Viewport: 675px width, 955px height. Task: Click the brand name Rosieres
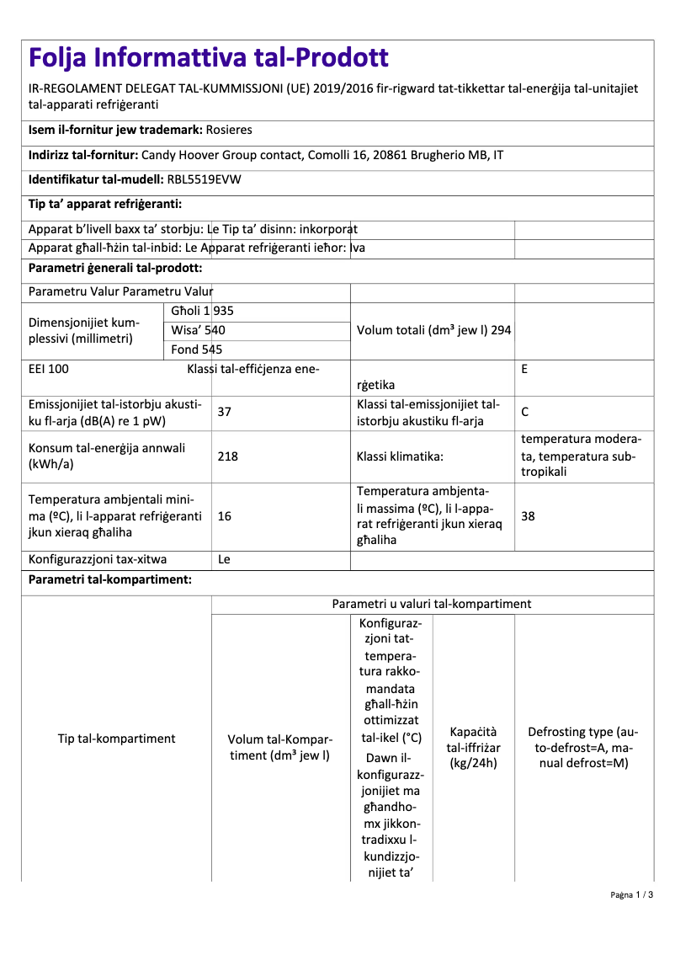click(x=229, y=130)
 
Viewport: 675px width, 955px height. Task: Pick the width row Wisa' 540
click(x=198, y=330)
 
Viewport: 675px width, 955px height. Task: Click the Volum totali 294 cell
click(x=433, y=330)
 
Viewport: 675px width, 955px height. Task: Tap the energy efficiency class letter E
click(x=525, y=369)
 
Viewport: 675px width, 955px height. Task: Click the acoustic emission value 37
click(x=224, y=412)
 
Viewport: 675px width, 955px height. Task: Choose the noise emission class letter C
click(x=525, y=412)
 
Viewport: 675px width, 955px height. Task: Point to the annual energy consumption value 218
click(x=227, y=456)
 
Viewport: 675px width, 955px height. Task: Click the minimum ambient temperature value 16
click(x=224, y=515)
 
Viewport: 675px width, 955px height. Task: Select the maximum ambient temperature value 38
click(x=528, y=515)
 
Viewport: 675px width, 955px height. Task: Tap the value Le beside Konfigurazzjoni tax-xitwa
click(x=224, y=558)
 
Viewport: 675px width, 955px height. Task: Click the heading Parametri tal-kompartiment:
click(x=109, y=580)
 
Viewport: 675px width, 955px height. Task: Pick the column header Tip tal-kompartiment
click(x=116, y=739)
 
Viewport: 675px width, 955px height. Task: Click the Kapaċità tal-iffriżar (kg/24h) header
click(x=473, y=747)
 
